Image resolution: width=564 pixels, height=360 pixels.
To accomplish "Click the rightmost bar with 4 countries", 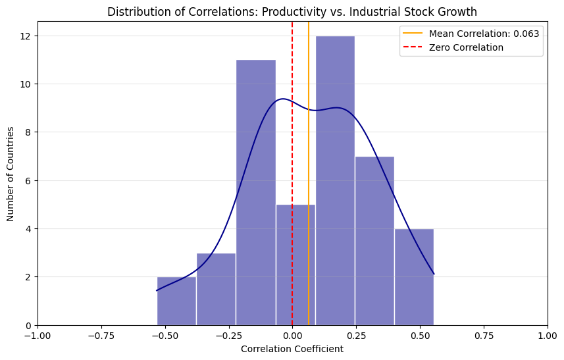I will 414,276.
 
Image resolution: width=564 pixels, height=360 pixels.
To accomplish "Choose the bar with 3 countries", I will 216,289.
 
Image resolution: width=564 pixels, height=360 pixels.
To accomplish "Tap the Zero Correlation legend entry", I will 466,47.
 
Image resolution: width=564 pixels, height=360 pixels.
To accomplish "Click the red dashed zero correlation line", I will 292,165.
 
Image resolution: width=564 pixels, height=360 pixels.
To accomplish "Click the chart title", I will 292,12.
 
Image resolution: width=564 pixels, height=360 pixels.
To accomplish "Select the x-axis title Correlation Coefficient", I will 292,349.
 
